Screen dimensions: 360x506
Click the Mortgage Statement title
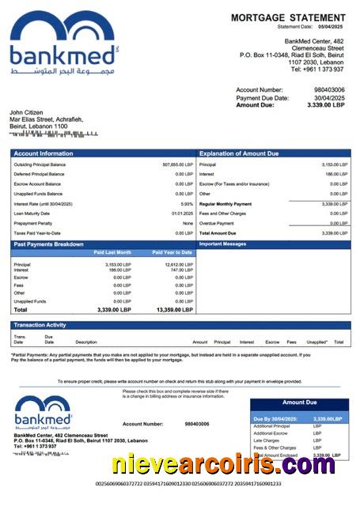point(288,17)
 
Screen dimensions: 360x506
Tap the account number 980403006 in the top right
point(329,90)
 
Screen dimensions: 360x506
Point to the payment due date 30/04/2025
point(329,97)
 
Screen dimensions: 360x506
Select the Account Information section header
point(44,153)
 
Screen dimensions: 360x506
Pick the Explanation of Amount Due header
point(238,153)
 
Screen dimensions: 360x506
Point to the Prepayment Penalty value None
point(188,223)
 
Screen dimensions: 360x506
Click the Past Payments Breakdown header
point(48,244)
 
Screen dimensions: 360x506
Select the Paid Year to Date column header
point(172,252)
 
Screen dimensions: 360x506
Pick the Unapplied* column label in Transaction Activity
point(316,342)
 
